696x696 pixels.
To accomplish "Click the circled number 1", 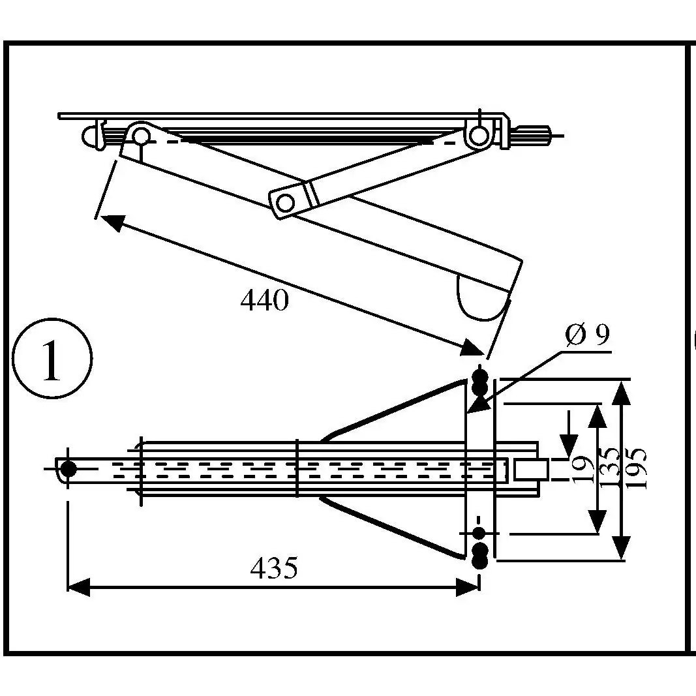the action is [52, 359].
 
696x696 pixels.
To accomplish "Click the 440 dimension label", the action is [265, 300].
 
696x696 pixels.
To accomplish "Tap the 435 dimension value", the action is [274, 567].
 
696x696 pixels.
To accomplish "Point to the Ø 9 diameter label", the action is [588, 335].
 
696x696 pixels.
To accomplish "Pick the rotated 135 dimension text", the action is [610, 468].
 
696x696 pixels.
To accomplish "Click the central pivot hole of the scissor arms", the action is [285, 204].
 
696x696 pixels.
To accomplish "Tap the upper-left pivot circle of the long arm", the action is [141, 135].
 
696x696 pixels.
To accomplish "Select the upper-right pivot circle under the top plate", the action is [479, 135].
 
